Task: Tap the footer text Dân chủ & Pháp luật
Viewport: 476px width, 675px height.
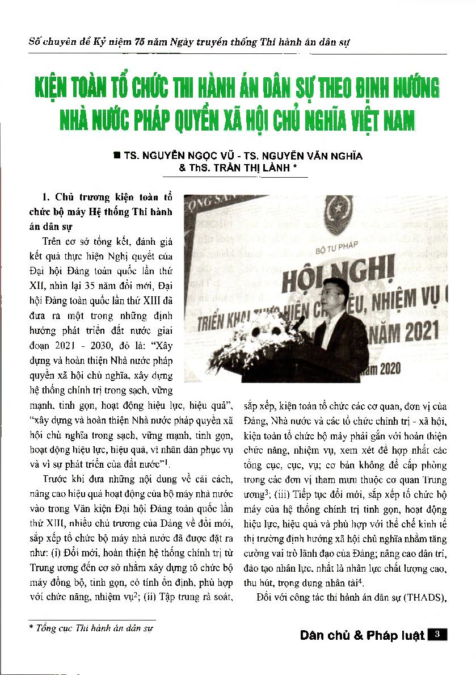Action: pos(362,635)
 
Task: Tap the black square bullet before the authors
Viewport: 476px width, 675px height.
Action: pos(117,154)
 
